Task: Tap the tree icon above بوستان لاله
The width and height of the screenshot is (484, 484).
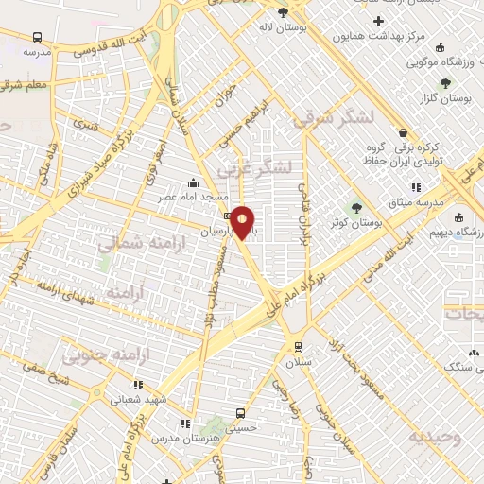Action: [283, 12]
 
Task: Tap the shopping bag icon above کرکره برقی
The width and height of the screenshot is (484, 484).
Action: [404, 133]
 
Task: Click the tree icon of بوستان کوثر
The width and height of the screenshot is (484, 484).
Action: [356, 208]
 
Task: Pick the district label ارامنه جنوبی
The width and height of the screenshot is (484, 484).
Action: [95, 356]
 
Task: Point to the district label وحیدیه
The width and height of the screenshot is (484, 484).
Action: [434, 438]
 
